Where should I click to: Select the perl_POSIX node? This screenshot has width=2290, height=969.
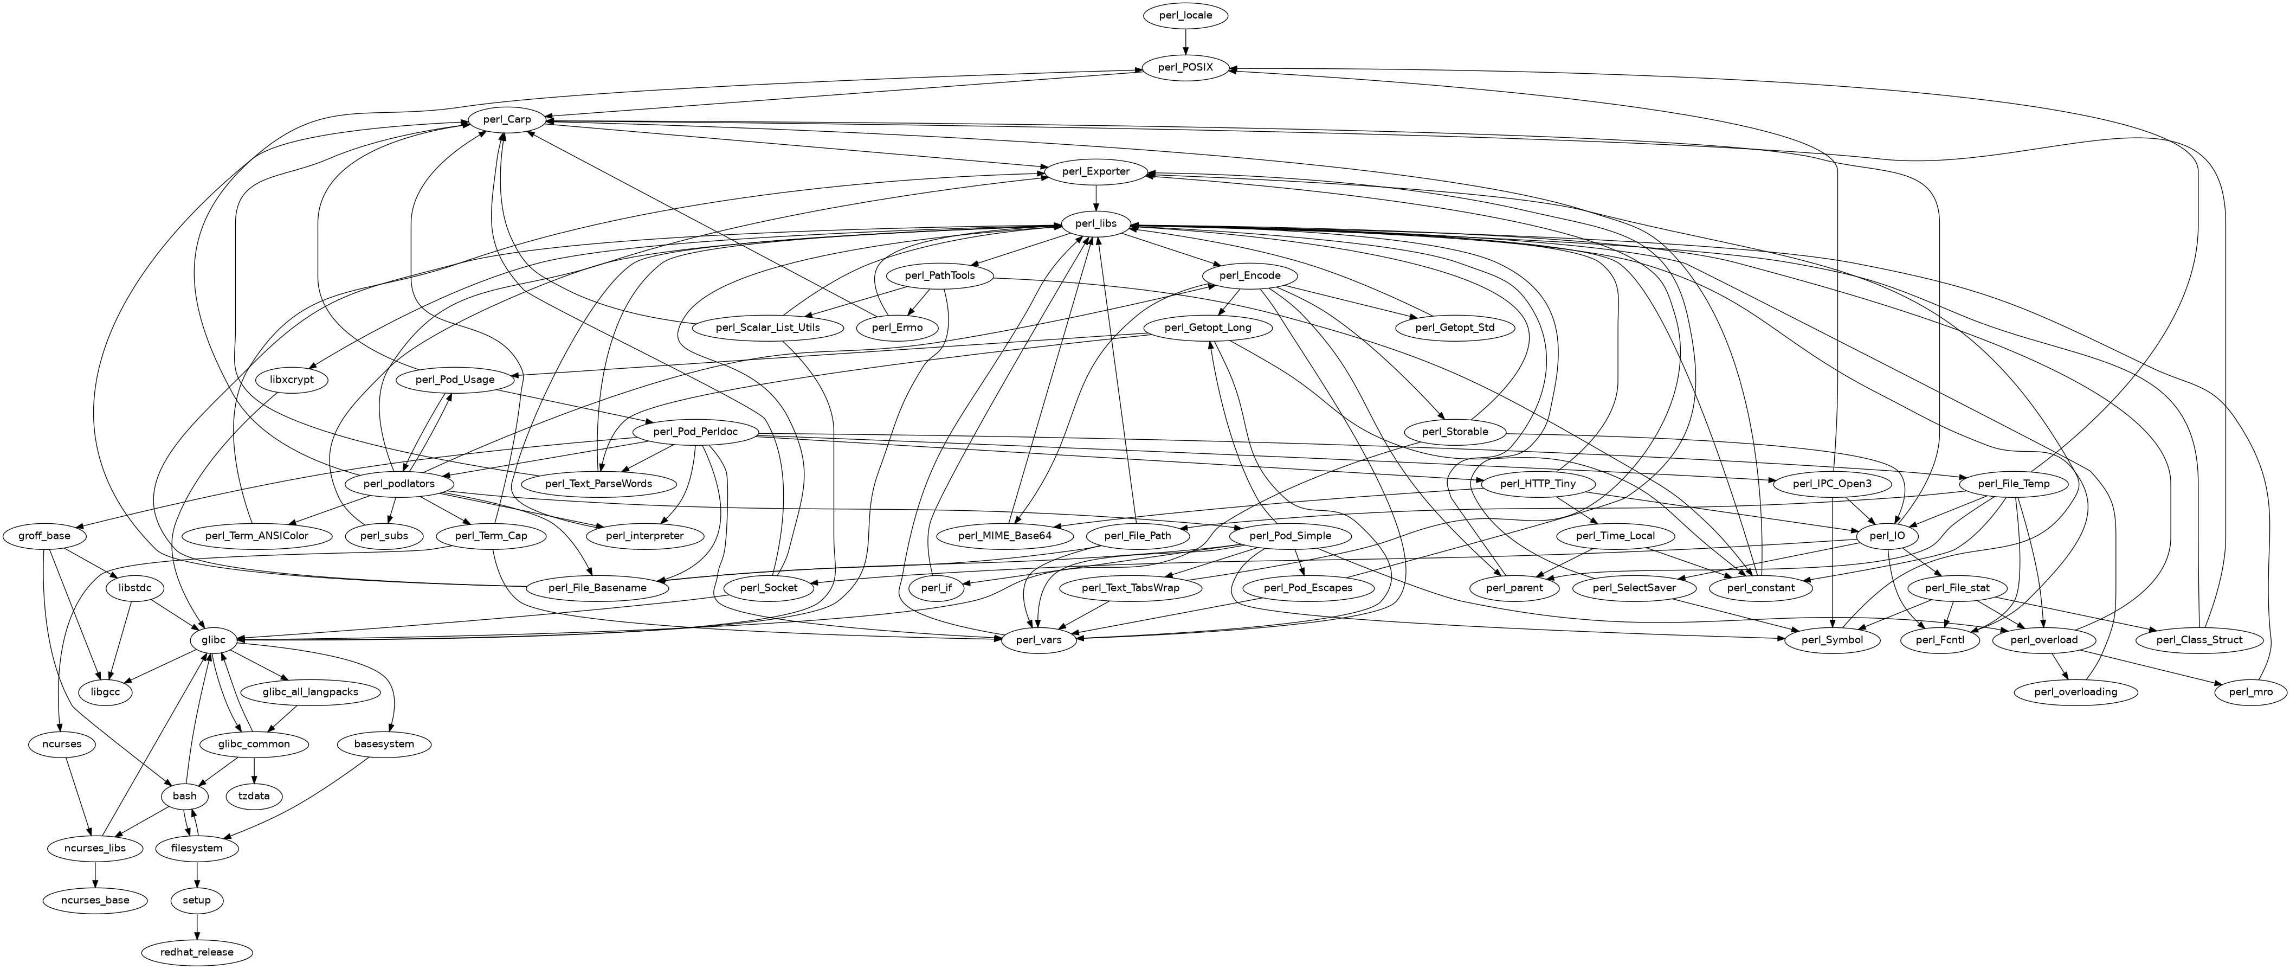(x=1185, y=68)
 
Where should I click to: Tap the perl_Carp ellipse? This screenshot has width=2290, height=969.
(x=507, y=119)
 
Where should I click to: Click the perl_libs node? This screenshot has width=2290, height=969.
(x=1095, y=223)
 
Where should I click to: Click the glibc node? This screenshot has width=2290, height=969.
(x=214, y=640)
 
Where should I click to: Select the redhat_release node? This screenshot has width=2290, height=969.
(x=197, y=952)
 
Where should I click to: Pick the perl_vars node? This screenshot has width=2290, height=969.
(x=1038, y=640)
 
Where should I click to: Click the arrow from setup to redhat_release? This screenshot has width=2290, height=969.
(x=197, y=926)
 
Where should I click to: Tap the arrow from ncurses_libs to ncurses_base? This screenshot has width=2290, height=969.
(x=94, y=874)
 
